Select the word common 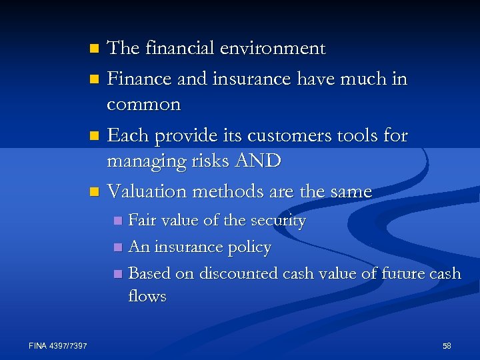[143, 105]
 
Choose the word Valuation [147, 192]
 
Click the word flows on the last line [147, 296]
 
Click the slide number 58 [447, 345]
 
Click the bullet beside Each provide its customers [94, 136]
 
